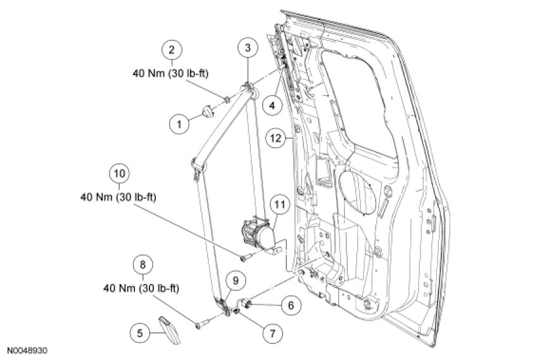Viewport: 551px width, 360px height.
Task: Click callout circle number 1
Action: tap(179, 124)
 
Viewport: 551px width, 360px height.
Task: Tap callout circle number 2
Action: tap(172, 49)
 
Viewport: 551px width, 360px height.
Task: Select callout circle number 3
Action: tap(248, 48)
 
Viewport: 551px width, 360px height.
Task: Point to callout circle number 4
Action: tap(273, 105)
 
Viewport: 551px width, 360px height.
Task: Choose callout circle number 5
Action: tap(140, 333)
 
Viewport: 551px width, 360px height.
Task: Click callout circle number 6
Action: tap(291, 305)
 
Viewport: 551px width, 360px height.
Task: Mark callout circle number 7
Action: tap(272, 333)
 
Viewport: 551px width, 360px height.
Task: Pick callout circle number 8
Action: tap(142, 265)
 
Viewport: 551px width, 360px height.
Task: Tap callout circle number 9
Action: tap(236, 280)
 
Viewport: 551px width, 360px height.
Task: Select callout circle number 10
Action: tap(120, 174)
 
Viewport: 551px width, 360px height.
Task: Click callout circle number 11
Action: tap(280, 204)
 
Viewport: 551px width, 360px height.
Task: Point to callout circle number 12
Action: tap(276, 138)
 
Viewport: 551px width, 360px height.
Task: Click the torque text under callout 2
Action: tap(170, 74)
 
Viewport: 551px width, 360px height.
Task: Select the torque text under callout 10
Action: tap(118, 197)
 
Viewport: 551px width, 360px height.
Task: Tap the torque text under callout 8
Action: tap(141, 288)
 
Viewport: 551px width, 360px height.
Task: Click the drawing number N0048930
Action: tap(27, 350)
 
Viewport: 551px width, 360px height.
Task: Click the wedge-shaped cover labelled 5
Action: tap(169, 330)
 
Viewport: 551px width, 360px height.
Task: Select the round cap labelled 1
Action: tap(208, 111)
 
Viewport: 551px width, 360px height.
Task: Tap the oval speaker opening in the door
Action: tap(357, 192)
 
